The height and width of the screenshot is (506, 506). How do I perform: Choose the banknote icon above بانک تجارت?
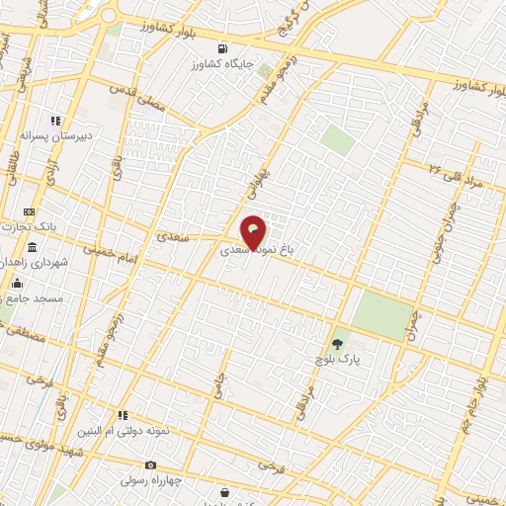tap(30, 211)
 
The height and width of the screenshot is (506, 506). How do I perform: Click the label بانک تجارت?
tap(31, 226)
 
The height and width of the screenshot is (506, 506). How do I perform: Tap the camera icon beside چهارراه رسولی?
tap(150, 464)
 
